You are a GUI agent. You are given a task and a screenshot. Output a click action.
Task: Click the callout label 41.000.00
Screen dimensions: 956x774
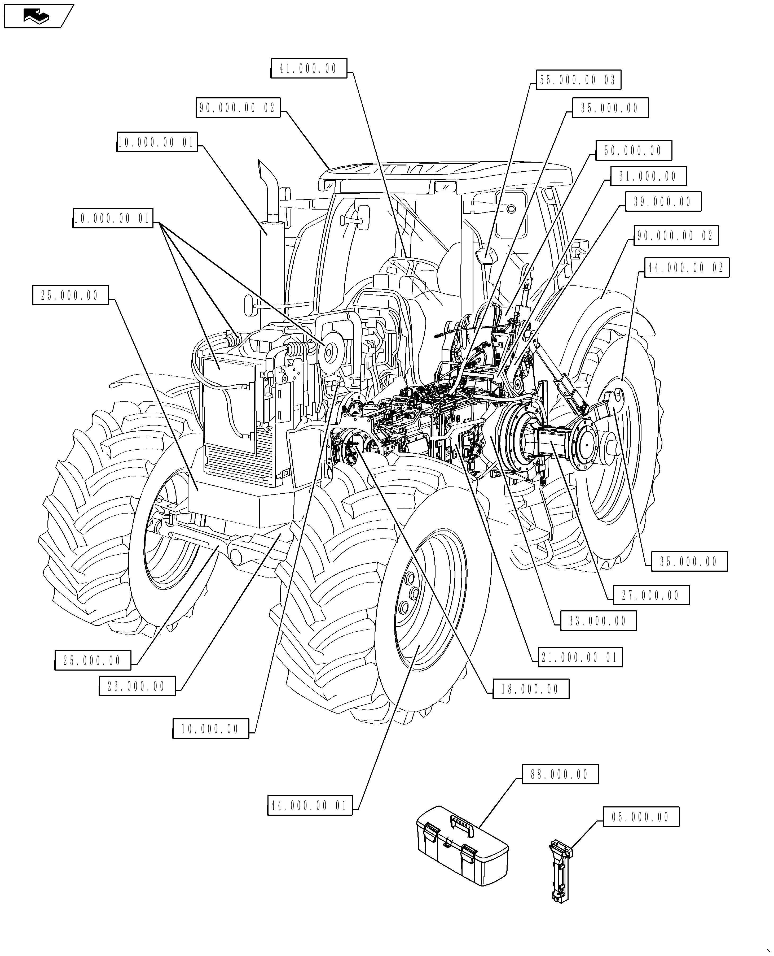click(309, 69)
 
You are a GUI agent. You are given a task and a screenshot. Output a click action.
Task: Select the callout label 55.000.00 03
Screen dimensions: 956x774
click(578, 80)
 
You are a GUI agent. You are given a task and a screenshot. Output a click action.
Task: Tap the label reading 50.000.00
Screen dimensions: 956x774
click(634, 151)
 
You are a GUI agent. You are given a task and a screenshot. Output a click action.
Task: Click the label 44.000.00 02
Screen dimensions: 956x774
click(686, 268)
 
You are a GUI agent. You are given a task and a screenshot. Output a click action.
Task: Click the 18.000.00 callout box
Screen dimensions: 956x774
click(531, 689)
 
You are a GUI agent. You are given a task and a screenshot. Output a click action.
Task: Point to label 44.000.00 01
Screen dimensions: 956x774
click(310, 806)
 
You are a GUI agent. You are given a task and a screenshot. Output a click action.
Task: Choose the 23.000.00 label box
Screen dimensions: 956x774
click(137, 686)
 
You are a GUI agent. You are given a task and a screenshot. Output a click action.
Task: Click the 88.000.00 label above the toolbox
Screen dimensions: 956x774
click(560, 775)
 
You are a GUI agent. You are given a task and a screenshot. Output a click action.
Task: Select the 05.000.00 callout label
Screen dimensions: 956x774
click(641, 817)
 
